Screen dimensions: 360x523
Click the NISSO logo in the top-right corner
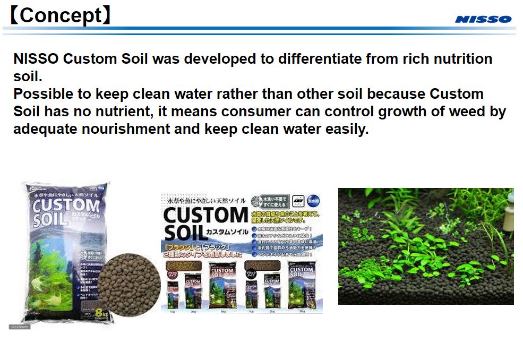[x=483, y=20]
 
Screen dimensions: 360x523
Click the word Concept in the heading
[x=59, y=16]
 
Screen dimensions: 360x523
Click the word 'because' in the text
[x=396, y=94]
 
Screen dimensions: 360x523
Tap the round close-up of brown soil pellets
[x=130, y=285]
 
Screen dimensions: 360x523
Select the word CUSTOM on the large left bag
[x=65, y=207]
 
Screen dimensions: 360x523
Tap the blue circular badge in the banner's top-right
[x=313, y=201]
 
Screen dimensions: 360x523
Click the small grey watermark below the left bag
[x=20, y=327]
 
